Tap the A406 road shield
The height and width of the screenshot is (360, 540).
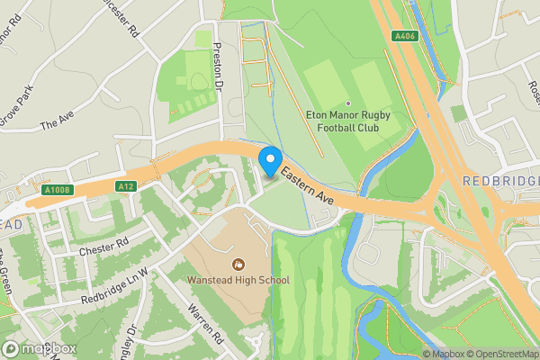pos(404,36)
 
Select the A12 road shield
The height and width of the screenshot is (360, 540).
pos(125,186)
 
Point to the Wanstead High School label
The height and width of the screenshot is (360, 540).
pos(238,280)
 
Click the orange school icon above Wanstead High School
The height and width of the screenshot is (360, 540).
pos(238,264)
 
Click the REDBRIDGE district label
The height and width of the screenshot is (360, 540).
pos(500,182)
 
